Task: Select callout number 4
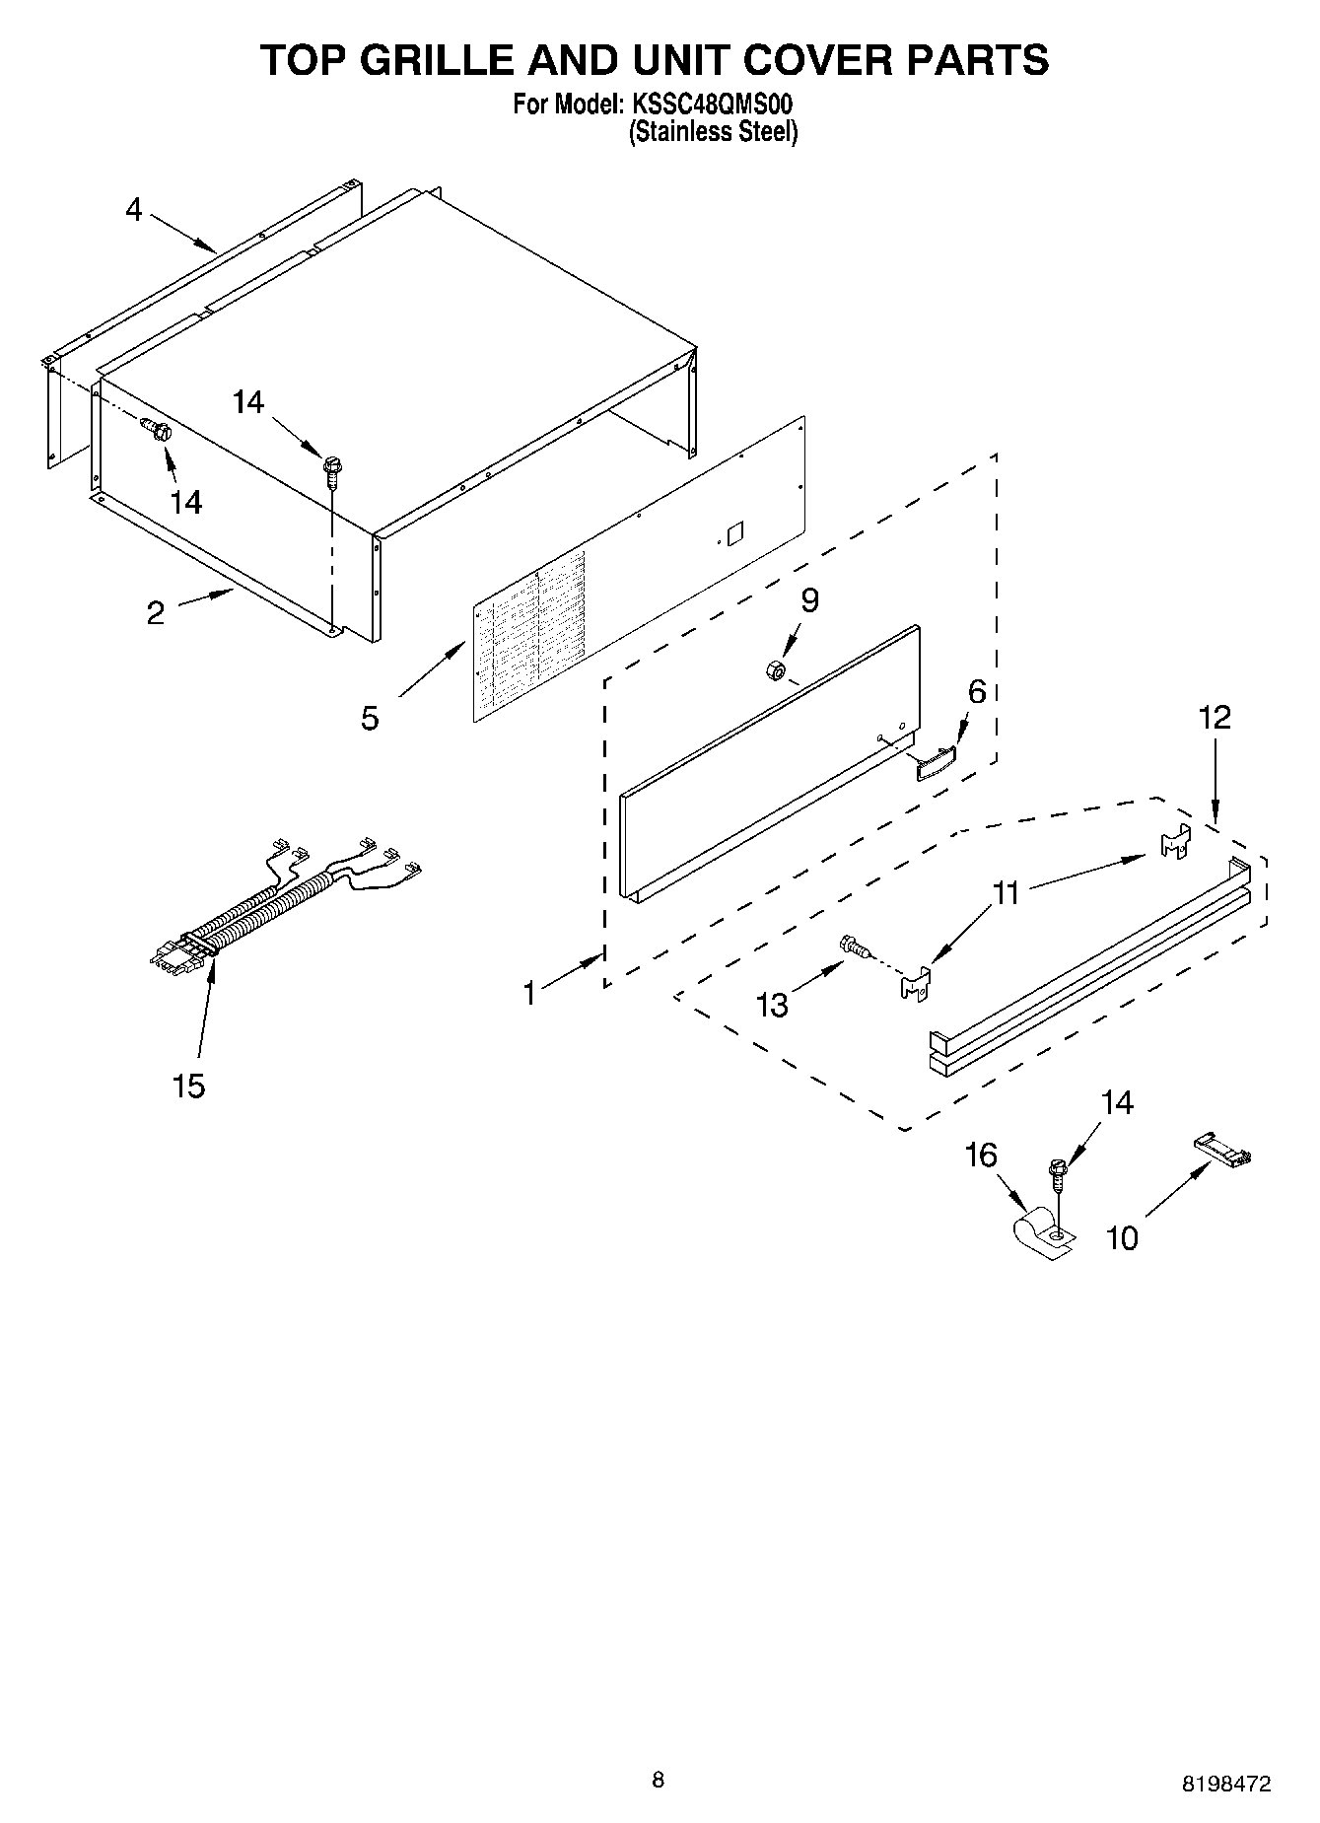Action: pyautogui.click(x=134, y=209)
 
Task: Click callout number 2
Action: pyautogui.click(x=156, y=613)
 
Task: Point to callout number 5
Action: pyautogui.click(x=370, y=718)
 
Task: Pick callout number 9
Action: pyautogui.click(x=809, y=600)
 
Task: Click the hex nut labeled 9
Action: pyautogui.click(x=774, y=671)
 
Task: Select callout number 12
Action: pyautogui.click(x=1215, y=718)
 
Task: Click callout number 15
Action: pyautogui.click(x=188, y=1086)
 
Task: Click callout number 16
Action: pyautogui.click(x=981, y=1155)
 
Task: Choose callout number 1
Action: pyautogui.click(x=529, y=993)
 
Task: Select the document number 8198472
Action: pyautogui.click(x=1226, y=1783)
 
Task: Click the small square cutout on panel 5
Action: pyautogui.click(x=733, y=533)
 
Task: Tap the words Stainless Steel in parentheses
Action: pyautogui.click(x=714, y=132)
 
